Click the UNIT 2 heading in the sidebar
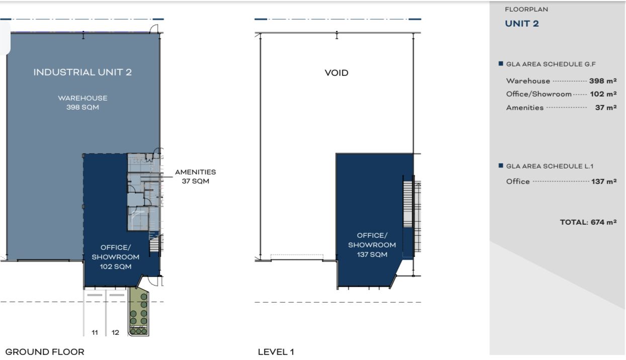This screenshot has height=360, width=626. pos(522,24)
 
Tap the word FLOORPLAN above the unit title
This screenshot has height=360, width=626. pos(526,9)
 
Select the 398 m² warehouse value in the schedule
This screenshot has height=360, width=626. pos(603,81)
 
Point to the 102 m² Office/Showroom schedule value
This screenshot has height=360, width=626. pos(603,94)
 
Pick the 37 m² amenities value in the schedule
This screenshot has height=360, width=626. pos(605,107)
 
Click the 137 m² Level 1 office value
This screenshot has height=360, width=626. pos(604,182)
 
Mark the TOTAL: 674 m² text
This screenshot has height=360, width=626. pos(588,222)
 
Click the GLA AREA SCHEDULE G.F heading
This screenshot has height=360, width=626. pos(551,64)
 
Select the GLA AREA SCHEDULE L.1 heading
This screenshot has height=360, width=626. pos(550,166)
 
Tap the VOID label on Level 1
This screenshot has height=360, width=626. pos(336,73)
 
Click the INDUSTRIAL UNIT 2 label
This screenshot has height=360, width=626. pos(82,72)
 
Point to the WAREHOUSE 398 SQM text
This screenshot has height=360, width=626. pos(82,103)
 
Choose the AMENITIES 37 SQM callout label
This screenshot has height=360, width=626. pos(196,176)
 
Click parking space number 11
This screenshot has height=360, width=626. pos(95,332)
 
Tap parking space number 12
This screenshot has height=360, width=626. pos(115,332)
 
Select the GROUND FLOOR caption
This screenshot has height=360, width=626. pos(45,352)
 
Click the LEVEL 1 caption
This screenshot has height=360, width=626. pos(276,352)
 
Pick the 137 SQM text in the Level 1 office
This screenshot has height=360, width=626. pos(372,254)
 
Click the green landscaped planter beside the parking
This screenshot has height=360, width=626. pos(138,312)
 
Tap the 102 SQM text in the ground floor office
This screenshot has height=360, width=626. pos(116,266)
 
